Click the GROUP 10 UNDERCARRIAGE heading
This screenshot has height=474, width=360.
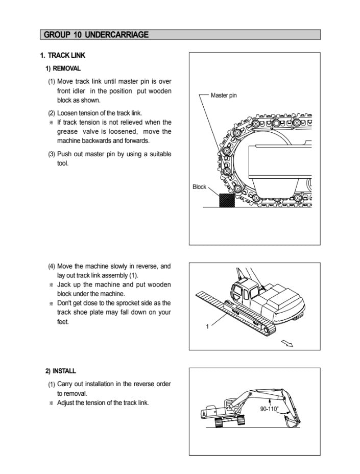pos(97,35)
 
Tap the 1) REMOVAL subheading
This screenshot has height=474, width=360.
pos(63,68)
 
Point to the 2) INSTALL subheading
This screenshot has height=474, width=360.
pos(61,371)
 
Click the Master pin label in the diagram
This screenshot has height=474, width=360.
pos(224,96)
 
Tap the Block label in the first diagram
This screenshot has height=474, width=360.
pos(199,187)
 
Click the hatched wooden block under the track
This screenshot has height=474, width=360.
pos(226,200)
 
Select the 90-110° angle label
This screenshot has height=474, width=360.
pos(269,409)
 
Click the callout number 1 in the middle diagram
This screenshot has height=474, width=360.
pos(207,327)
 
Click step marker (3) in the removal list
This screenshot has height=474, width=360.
pos(52,154)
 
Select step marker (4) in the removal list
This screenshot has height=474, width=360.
pos(52,266)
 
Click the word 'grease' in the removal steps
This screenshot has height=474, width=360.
pos(67,131)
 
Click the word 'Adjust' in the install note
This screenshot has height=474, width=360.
pos(67,403)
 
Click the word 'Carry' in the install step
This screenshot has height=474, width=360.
pos(65,384)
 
